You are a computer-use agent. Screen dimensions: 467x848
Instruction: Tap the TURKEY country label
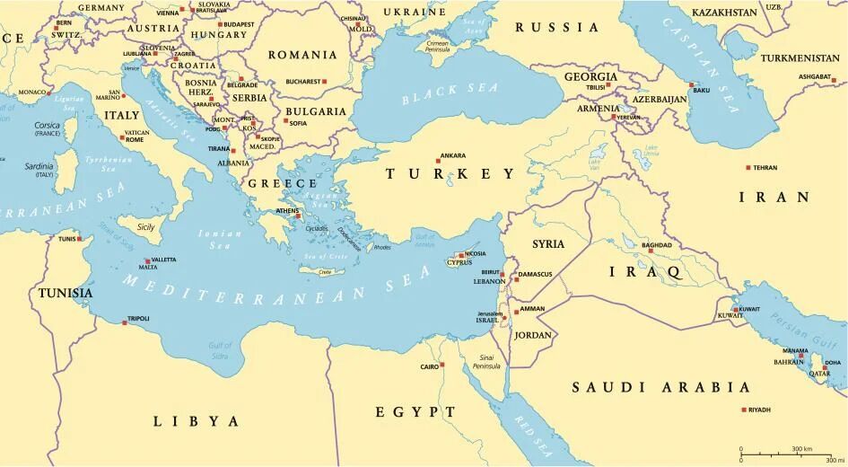tap(450, 174)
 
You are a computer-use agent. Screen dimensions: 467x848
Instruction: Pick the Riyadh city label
tap(759, 410)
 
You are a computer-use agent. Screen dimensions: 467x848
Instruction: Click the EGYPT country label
tap(415, 411)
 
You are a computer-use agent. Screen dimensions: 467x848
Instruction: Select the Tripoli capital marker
tap(124, 319)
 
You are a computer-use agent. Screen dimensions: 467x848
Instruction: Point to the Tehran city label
tap(765, 168)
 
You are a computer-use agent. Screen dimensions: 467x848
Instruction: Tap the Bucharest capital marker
tap(325, 82)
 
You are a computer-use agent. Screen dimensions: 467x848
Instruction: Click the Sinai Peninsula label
tap(486, 363)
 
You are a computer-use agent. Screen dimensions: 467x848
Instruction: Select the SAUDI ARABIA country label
tap(660, 387)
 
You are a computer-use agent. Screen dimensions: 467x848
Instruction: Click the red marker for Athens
tap(298, 216)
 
